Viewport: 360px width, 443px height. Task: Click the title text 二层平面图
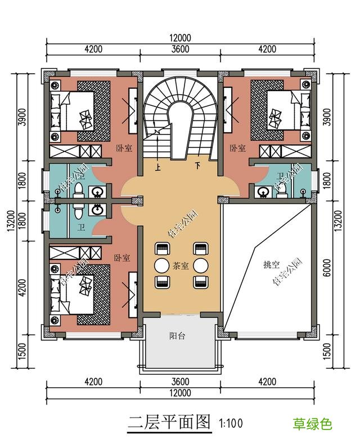[x=169, y=422]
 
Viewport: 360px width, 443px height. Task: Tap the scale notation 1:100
[x=230, y=423]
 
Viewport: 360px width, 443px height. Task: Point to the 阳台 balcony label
[x=177, y=336]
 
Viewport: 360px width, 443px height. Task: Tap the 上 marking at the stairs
[x=158, y=167]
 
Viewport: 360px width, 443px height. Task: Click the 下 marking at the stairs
[x=197, y=166]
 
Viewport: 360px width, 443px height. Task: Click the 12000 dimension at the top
[x=180, y=38]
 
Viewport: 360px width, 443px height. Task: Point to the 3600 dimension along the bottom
[x=180, y=382]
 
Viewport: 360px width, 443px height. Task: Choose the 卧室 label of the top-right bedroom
[x=237, y=148]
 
